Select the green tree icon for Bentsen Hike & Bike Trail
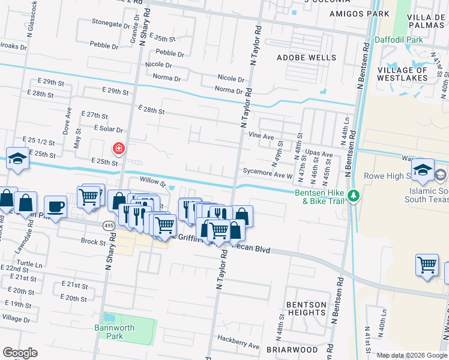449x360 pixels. coord(354,196)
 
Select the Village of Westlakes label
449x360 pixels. coord(402,74)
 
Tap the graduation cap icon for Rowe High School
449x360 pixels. coord(423,170)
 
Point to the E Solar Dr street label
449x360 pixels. coord(108,129)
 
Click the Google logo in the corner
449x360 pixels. coord(20,353)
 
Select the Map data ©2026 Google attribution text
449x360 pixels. coord(411,355)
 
